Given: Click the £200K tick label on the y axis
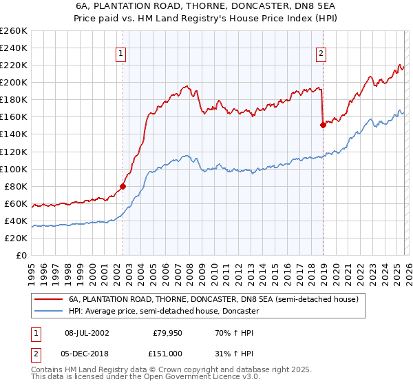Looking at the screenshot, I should pyautogui.click(x=14, y=83).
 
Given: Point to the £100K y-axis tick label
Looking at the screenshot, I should pyautogui.click(x=14, y=169).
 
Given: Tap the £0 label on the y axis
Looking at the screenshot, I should pyautogui.click(x=21, y=256).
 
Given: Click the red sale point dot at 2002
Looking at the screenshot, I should pyautogui.click(x=123, y=185).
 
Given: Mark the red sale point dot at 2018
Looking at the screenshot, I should pyautogui.click(x=322, y=125).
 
